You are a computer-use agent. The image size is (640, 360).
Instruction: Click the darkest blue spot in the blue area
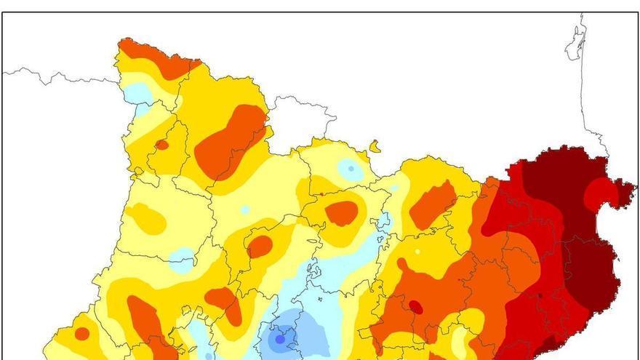(x=279, y=339)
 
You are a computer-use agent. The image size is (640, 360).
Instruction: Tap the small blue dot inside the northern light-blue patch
(x=351, y=169)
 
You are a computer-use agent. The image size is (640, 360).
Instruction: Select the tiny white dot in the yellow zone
(x=417, y=252)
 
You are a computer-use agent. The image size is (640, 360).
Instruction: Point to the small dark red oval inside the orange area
(x=415, y=306)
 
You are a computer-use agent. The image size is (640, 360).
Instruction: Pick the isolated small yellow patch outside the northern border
(x=375, y=147)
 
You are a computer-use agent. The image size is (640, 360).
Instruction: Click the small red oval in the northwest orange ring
(x=161, y=145)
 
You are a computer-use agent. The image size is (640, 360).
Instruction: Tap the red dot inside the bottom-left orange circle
(x=82, y=334)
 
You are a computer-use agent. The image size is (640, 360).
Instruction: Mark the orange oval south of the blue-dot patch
(x=341, y=212)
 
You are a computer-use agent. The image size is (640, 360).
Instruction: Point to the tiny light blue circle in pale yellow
(x=245, y=209)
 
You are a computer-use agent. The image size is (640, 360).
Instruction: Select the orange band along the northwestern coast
(x=156, y=58)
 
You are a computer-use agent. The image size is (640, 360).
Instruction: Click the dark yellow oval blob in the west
(x=147, y=218)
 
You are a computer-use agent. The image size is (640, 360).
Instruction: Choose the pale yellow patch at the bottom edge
(x=460, y=342)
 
